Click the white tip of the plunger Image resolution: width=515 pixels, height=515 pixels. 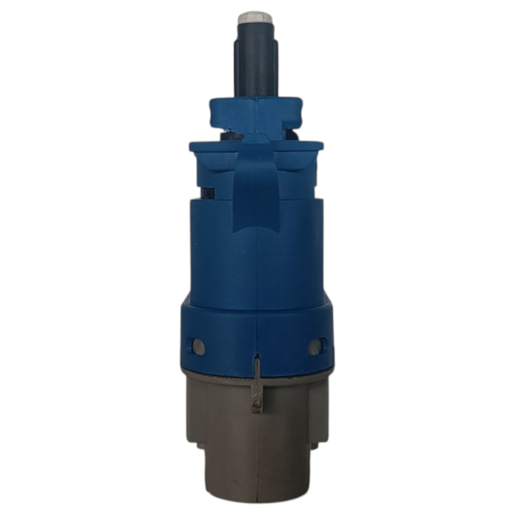(254, 18)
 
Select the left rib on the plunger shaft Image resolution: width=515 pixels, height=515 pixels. (237, 67)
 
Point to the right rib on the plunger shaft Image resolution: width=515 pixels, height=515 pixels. (274, 67)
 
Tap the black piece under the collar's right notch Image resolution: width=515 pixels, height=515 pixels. (293, 135)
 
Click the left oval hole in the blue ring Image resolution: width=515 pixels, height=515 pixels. (197, 347)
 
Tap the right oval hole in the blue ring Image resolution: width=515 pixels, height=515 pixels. (315, 347)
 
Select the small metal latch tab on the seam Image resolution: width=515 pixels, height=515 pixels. (256, 391)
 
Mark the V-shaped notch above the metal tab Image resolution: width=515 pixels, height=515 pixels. (256, 355)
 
